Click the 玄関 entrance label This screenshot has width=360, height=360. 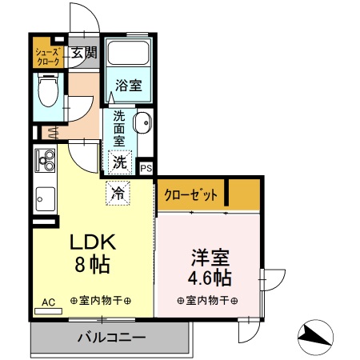(x=82, y=54)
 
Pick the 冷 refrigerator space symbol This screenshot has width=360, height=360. (x=117, y=192)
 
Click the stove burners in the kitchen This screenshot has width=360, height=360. (x=45, y=161)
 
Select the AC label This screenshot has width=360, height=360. (x=47, y=302)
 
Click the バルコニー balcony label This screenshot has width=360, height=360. (x=110, y=337)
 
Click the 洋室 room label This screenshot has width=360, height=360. (x=211, y=258)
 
